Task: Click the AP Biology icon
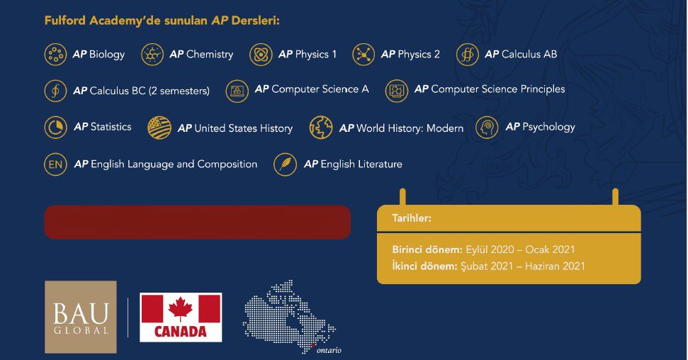55,55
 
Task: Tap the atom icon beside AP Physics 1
261,55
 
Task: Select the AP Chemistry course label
201,55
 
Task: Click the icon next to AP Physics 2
363,55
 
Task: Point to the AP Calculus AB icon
468,55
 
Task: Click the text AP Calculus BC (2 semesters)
141,91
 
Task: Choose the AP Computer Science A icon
237,91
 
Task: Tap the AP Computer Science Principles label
490,89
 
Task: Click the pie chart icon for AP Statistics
55,128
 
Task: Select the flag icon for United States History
159,128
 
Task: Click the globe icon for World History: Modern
321,128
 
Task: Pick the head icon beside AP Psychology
487,128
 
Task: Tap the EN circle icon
55,164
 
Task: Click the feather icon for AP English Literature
286,164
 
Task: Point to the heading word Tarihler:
412,218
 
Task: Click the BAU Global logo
81,317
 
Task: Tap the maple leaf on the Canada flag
181,309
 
